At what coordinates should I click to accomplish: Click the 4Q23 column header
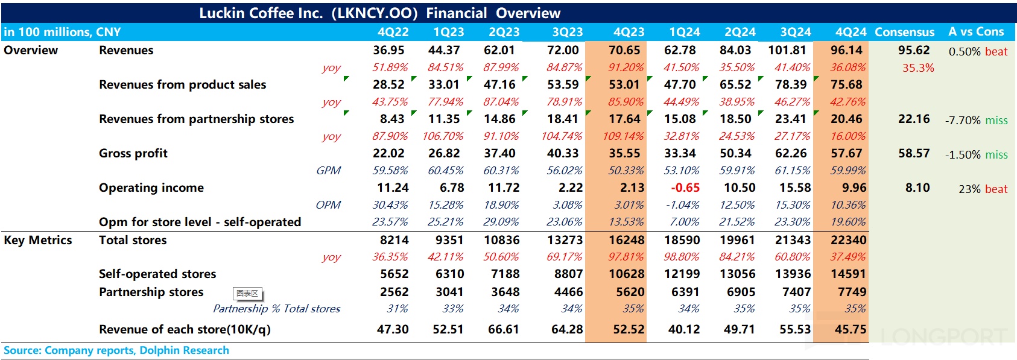(x=629, y=32)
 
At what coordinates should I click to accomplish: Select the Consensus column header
(x=904, y=32)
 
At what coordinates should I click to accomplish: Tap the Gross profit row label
(x=133, y=153)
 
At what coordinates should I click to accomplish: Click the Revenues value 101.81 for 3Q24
(x=787, y=50)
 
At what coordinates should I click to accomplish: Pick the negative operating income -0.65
(x=685, y=188)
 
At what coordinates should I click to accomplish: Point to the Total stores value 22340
(x=848, y=240)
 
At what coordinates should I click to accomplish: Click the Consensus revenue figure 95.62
(x=914, y=50)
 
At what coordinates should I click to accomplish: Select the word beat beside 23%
(x=996, y=189)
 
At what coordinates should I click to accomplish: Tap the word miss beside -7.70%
(x=996, y=120)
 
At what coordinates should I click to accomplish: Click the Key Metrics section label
(x=37, y=240)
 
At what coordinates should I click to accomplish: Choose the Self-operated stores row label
(x=157, y=274)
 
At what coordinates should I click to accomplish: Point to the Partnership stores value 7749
(x=852, y=292)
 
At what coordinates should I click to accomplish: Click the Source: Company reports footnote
(x=116, y=350)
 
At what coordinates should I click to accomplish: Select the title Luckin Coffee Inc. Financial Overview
(x=380, y=13)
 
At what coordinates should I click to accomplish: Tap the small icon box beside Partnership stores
(x=247, y=294)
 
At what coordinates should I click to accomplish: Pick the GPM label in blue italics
(x=328, y=171)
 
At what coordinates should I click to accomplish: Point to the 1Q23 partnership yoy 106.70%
(x=443, y=136)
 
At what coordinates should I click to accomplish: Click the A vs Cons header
(x=976, y=31)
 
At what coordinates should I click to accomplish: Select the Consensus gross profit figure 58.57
(x=914, y=153)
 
